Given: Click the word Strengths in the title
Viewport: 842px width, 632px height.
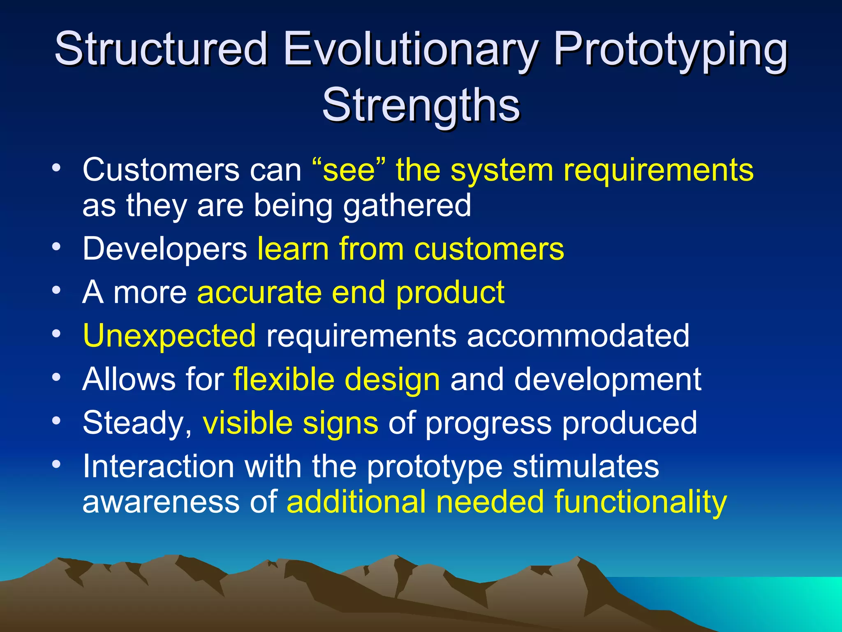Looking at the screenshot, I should point(421,105).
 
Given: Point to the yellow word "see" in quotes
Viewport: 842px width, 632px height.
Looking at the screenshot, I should point(349,170).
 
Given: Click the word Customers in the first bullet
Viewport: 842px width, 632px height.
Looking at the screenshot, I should point(161,170).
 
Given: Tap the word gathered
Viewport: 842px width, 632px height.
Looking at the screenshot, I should point(407,206).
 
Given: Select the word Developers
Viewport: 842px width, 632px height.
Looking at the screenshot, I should point(164,249).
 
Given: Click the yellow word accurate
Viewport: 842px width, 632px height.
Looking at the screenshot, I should point(259,292).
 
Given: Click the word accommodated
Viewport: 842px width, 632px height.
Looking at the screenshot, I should point(578,336).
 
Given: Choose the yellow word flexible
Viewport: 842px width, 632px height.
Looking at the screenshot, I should point(284,379).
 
